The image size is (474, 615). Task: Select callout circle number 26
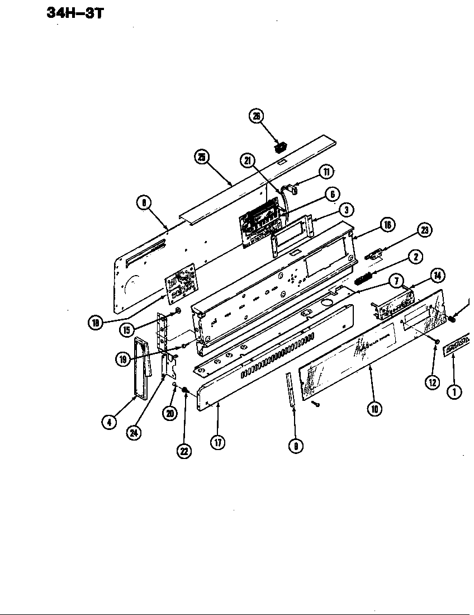click(257, 116)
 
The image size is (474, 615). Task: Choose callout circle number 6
click(332, 194)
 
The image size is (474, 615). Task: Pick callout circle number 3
click(347, 210)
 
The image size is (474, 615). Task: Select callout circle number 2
click(414, 257)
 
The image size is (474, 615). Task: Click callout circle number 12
click(432, 382)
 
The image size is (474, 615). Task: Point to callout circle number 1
click(454, 391)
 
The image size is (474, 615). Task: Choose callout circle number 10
click(375, 409)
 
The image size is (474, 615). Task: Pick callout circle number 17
click(217, 442)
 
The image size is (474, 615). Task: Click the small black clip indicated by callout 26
click(279, 147)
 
